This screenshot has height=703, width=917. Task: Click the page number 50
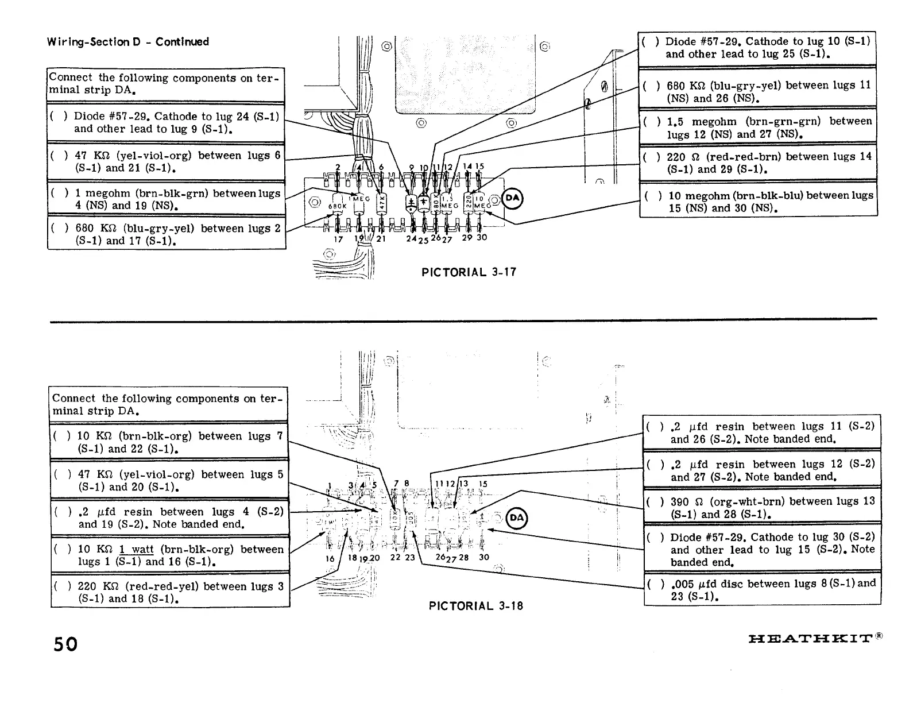pos(65,643)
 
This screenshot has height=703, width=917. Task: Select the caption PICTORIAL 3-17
pos(469,272)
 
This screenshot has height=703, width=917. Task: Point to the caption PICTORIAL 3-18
pos(476,606)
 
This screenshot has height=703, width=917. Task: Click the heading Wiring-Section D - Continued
pos(128,42)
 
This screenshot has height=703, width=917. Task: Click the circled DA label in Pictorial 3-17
pos(512,198)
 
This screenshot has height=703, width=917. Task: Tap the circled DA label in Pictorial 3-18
pos(517,518)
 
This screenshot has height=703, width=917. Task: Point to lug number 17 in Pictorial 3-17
pos(339,239)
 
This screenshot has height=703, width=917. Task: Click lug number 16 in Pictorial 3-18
pos(330,558)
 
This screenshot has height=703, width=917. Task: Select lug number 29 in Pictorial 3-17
pos(467,237)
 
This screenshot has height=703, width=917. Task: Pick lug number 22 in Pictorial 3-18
pos(395,558)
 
